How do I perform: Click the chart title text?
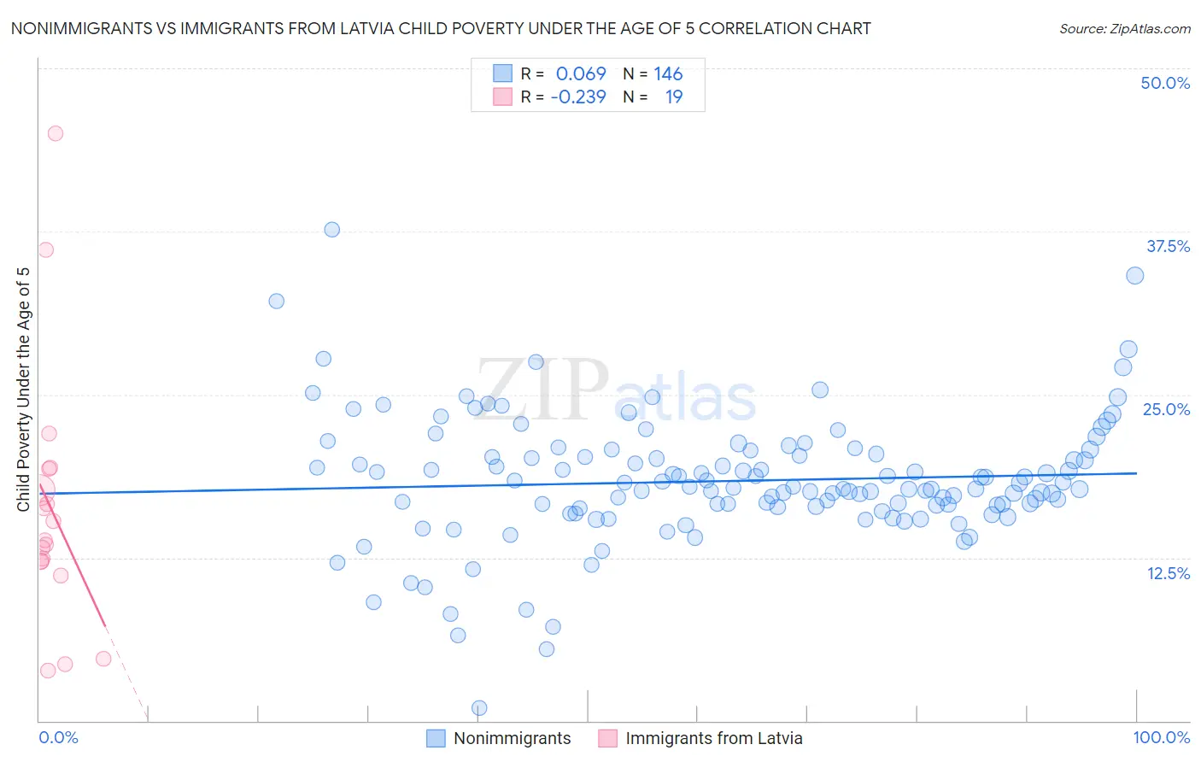[x=441, y=28]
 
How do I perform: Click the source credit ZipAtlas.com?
[x=1124, y=28]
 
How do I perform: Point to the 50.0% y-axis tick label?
[x=1165, y=83]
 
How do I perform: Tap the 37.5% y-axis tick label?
[x=1168, y=246]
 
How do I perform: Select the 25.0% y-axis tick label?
[x=1166, y=409]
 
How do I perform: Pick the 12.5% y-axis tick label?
[x=1168, y=573]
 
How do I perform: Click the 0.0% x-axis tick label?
[x=58, y=737]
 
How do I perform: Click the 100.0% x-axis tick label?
[x=1161, y=737]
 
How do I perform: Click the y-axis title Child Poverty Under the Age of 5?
[x=23, y=390]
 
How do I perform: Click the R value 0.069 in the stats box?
[x=581, y=74]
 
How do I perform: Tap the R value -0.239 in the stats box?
[x=578, y=97]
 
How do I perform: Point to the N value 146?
[x=668, y=74]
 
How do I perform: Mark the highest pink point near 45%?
[x=56, y=133]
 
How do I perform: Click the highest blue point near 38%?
[x=332, y=230]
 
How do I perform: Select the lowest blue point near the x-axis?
[x=479, y=708]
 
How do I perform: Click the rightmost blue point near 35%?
[x=1134, y=275]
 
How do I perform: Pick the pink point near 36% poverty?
[x=46, y=249]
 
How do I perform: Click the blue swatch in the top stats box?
[x=502, y=73]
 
